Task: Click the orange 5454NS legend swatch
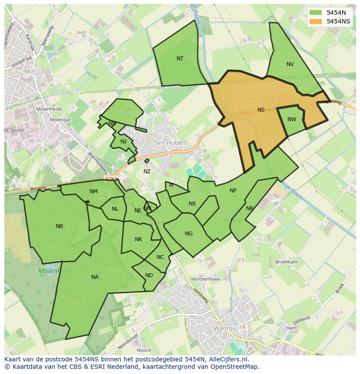coord(316,21)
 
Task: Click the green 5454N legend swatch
coord(316,13)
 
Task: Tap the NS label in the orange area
coord(261,110)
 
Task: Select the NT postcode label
coord(180,59)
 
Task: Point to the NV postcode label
coord(290,64)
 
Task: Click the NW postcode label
coord(292,119)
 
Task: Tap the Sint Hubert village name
coord(170,142)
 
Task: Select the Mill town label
coord(29,71)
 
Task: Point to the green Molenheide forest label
coord(56,271)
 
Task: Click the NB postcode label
coord(60,226)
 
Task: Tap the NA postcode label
coord(95,277)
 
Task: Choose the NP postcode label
coord(233,191)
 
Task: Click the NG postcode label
coord(188,234)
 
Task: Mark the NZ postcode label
coord(147,172)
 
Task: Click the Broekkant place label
coord(287,262)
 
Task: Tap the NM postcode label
coord(93,192)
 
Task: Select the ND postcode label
coord(149,275)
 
